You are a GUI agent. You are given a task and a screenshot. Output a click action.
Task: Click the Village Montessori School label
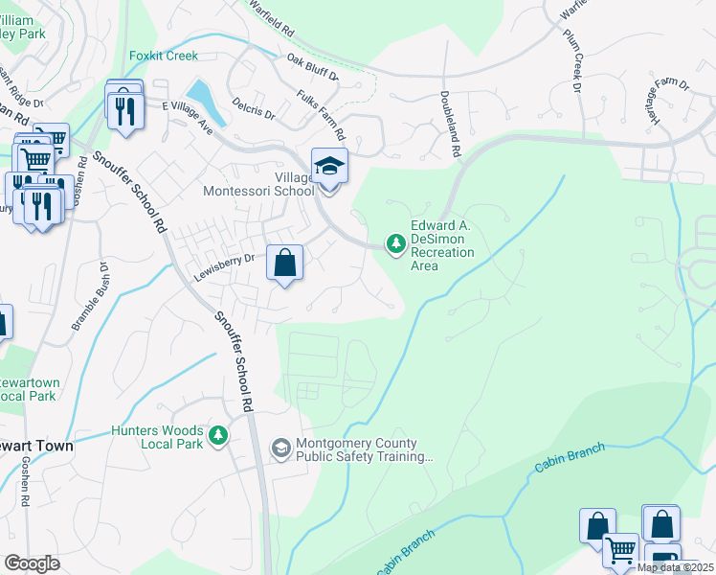pyautogui.click(x=258, y=184)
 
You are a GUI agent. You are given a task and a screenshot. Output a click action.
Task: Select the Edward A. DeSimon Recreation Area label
pyautogui.click(x=442, y=245)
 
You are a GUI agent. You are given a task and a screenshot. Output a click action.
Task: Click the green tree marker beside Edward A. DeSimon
pyautogui.click(x=395, y=245)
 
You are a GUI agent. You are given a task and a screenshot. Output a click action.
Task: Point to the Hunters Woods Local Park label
pyautogui.click(x=158, y=437)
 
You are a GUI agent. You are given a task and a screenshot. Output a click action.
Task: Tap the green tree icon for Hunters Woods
pyautogui.click(x=219, y=437)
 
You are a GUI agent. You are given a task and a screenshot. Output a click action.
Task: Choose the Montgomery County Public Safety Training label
pyautogui.click(x=363, y=449)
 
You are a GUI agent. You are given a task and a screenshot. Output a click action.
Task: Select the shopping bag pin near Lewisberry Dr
pyautogui.click(x=285, y=264)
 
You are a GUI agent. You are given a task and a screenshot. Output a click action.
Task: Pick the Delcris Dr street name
pyautogui.click(x=253, y=107)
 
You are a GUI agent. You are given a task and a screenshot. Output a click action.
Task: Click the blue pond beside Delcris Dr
pyautogui.click(x=207, y=102)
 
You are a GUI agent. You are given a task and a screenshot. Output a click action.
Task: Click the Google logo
pyautogui.click(x=33, y=563)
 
